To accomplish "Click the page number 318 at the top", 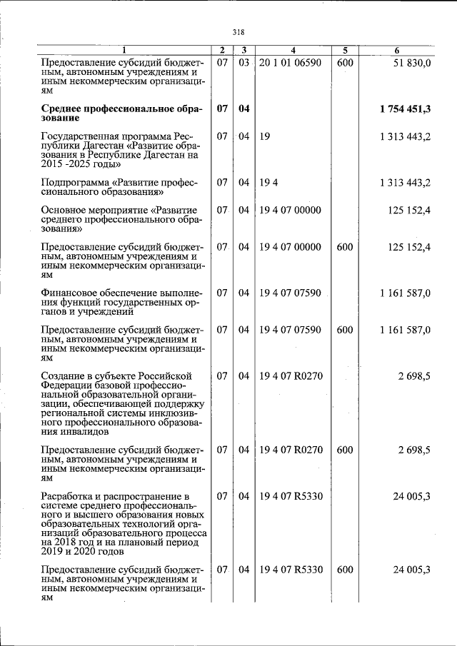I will (238, 31).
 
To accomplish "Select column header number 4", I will (293, 50).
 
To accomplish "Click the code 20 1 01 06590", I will (290, 63).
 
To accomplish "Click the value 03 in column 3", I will (243, 63).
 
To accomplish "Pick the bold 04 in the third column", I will (243, 108).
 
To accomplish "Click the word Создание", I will (63, 375).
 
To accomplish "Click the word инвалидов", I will (84, 431).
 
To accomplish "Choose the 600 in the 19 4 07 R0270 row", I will (344, 450).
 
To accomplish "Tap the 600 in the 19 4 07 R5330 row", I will (344, 570).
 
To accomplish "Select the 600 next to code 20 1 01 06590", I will (344, 63).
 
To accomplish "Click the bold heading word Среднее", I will (66, 108).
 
